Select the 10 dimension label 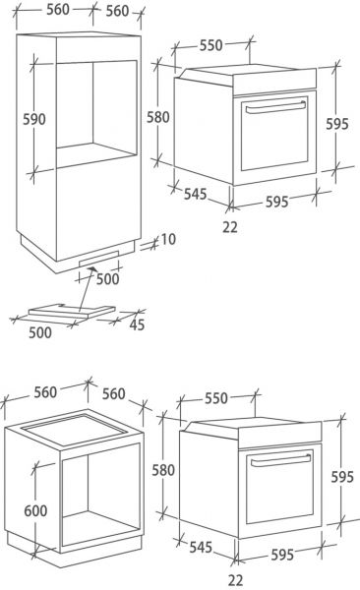click(x=168, y=239)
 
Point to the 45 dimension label click(x=136, y=325)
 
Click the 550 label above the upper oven click(x=211, y=45)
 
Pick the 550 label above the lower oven click(x=215, y=397)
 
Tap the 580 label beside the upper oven click(x=157, y=117)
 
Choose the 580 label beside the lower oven click(x=162, y=470)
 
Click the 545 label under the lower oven click(x=200, y=545)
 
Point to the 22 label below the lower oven click(x=236, y=580)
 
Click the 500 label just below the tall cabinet click(x=106, y=279)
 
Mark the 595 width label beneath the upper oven click(x=275, y=203)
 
